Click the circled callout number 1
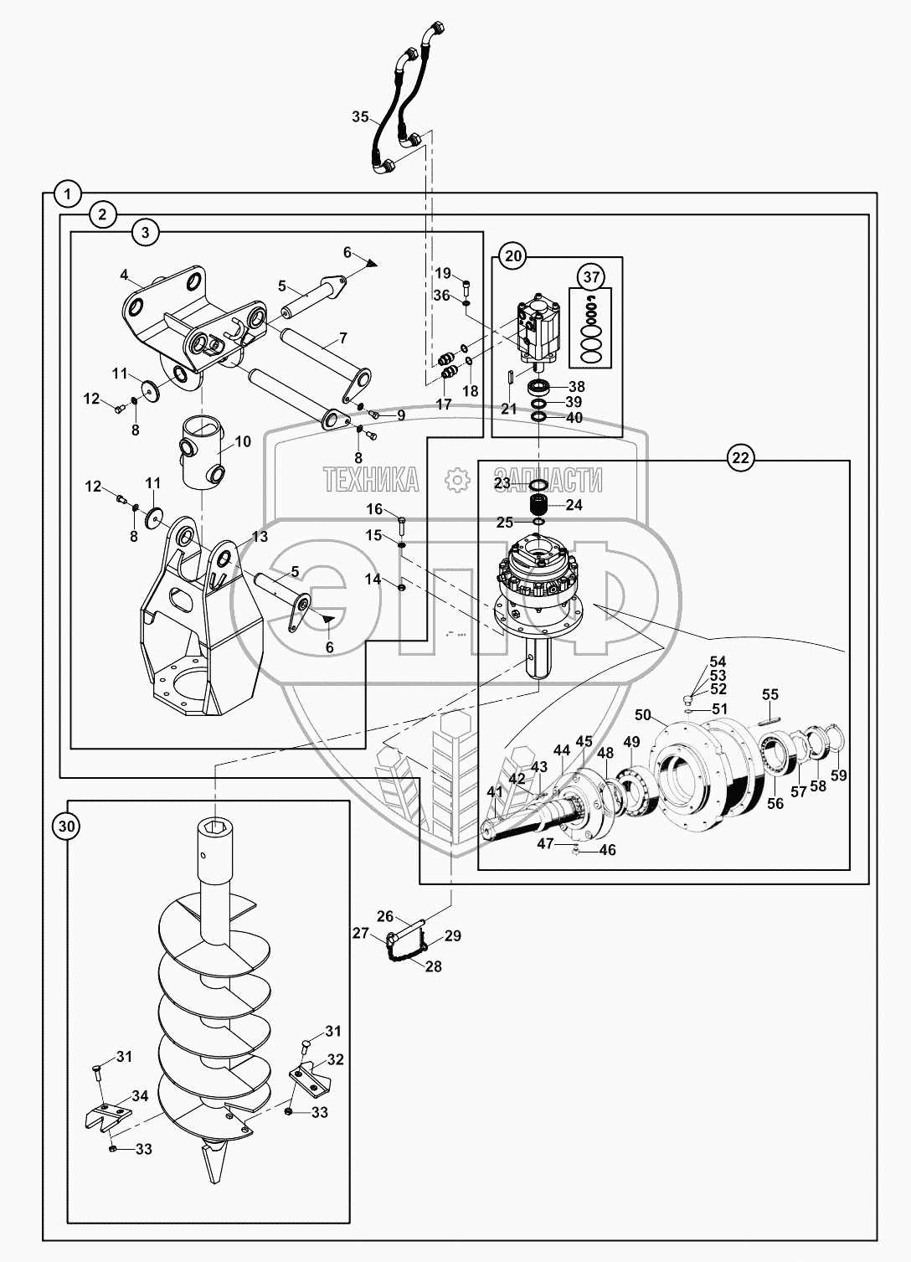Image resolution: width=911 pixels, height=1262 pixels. click(67, 193)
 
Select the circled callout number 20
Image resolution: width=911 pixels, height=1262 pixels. click(514, 256)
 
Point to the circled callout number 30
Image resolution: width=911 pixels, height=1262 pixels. click(67, 827)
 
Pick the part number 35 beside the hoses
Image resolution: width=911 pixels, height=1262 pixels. click(360, 117)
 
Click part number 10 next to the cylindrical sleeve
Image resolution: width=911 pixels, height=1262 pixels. click(242, 441)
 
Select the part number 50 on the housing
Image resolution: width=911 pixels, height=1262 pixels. click(642, 714)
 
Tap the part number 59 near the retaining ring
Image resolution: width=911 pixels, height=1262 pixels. click(839, 775)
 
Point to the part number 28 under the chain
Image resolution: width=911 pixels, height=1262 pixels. click(433, 966)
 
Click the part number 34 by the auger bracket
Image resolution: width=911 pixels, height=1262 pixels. click(139, 1095)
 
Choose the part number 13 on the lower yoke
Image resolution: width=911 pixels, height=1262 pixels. click(260, 536)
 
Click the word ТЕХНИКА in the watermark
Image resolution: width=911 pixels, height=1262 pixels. click(371, 480)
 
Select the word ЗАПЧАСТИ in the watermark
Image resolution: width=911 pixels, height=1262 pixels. click(548, 480)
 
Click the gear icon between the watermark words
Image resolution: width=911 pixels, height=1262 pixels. click(457, 480)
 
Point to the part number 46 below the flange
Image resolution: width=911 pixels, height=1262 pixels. click(607, 850)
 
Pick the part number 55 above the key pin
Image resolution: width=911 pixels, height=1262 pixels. click(770, 694)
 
